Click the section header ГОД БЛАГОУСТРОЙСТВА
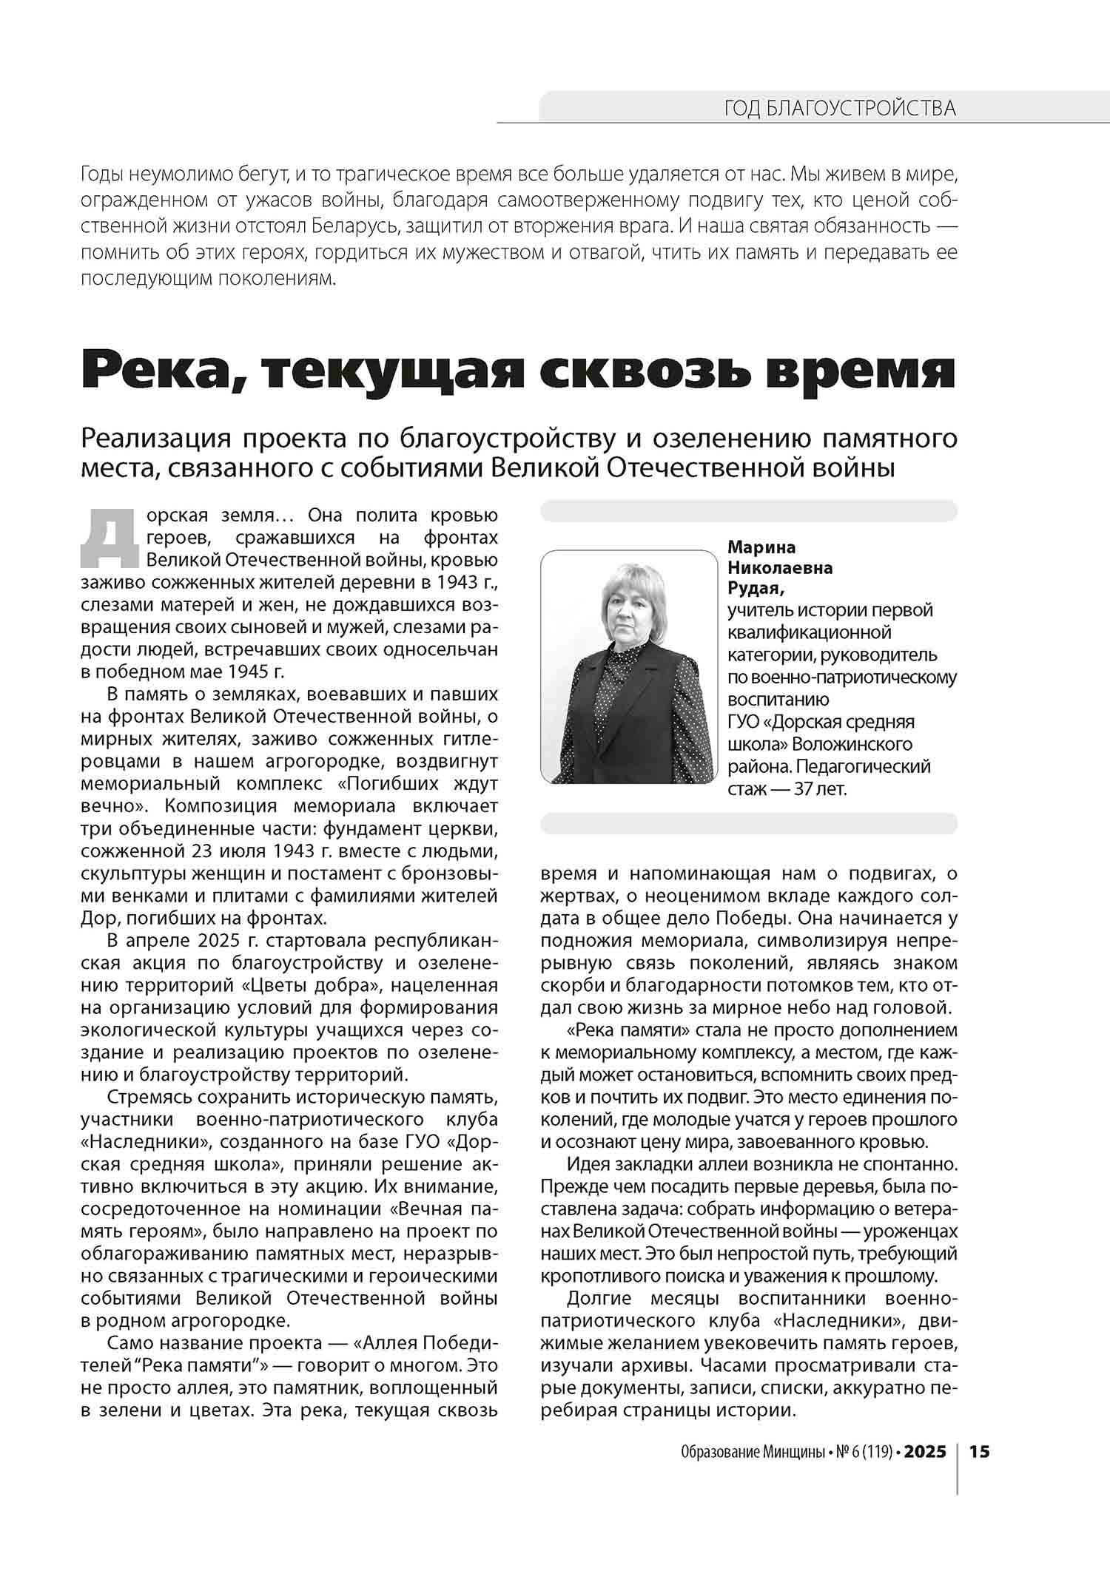pyautogui.click(x=839, y=109)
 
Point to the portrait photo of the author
pyautogui.click(x=629, y=666)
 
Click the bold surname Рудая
pyautogui.click(x=755, y=588)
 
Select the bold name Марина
pyautogui.click(x=761, y=547)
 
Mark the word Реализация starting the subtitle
pyautogui.click(x=156, y=438)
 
